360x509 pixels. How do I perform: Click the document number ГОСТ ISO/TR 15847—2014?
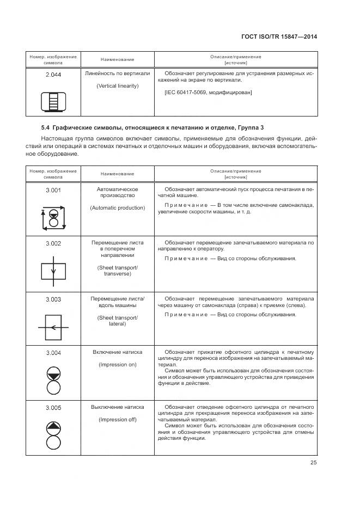click(278, 37)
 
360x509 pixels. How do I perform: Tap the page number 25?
click(313, 463)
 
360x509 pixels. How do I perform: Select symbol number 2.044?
click(53, 75)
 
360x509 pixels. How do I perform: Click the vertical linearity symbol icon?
click(53, 102)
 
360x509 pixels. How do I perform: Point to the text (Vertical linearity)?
click(117, 86)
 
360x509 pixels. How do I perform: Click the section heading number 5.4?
click(45, 127)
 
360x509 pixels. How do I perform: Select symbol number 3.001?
click(53, 189)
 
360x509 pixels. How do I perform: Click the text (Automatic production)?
click(117, 207)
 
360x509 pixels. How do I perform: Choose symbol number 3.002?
click(53, 243)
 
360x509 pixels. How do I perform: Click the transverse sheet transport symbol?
click(53, 271)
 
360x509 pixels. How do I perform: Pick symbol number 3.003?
click(53, 299)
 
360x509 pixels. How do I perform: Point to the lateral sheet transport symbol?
click(53, 327)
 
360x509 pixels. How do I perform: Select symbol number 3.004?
click(53, 353)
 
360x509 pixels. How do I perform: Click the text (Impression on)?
click(117, 365)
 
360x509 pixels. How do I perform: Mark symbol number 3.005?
click(53, 408)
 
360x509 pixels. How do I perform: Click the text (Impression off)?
click(117, 419)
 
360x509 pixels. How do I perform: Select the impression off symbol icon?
click(53, 434)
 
